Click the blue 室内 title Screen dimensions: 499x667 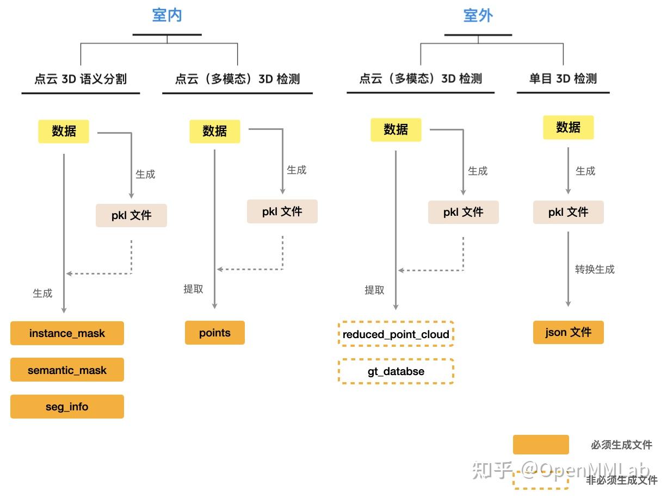pyautogui.click(x=167, y=15)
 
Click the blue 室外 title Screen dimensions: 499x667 pyautogui.click(x=478, y=15)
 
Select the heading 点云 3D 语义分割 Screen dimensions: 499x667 pyautogui.click(x=81, y=79)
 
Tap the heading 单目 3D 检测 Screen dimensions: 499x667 pyautogui.click(x=563, y=79)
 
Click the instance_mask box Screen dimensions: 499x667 pyautogui.click(x=67, y=333)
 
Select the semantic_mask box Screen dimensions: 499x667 pyautogui.click(x=67, y=370)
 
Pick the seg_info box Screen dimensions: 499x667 pyautogui.click(x=67, y=407)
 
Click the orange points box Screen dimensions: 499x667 pyautogui.click(x=215, y=333)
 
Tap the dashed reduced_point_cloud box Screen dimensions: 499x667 pyautogui.click(x=396, y=334)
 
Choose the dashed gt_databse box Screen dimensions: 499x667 pyautogui.click(x=396, y=372)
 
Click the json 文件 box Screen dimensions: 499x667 pyautogui.click(x=568, y=332)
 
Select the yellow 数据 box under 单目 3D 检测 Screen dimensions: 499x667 pyautogui.click(x=568, y=127)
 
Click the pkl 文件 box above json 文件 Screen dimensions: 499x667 pyautogui.click(x=568, y=212)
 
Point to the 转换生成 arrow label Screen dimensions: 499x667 pyautogui.click(x=595, y=269)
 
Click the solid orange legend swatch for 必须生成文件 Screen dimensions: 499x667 pyautogui.click(x=541, y=445)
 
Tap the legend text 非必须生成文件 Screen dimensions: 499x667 pyautogui.click(x=621, y=481)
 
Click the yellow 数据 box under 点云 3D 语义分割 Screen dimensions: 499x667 pyautogui.click(x=64, y=131)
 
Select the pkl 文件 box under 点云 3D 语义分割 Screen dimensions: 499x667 pyautogui.click(x=131, y=215)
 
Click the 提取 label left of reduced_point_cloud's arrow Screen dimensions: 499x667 pyautogui.click(x=374, y=290)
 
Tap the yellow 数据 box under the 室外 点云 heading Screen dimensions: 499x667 pyautogui.click(x=396, y=129)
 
